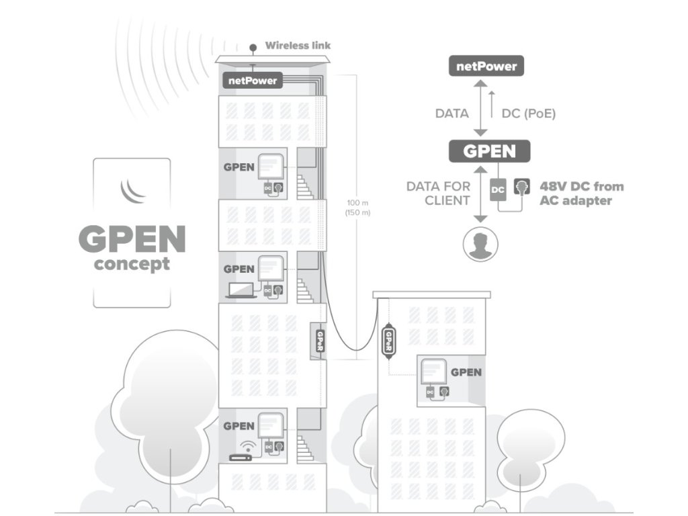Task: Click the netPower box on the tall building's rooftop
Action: pyautogui.click(x=252, y=81)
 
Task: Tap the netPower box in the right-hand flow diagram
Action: pyautogui.click(x=486, y=67)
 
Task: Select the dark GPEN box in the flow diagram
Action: pyautogui.click(x=489, y=151)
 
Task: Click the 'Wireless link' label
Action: pyautogui.click(x=298, y=46)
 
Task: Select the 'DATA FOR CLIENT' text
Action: pyautogui.click(x=438, y=193)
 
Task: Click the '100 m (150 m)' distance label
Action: pyautogui.click(x=358, y=207)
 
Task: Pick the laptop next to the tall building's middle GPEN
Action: pyautogui.click(x=241, y=290)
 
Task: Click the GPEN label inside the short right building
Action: pyautogui.click(x=466, y=372)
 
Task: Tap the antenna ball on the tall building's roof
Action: pyautogui.click(x=253, y=48)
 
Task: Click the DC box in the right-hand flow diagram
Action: pyautogui.click(x=498, y=190)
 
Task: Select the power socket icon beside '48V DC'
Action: pyautogui.click(x=521, y=188)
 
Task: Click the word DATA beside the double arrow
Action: pyautogui.click(x=451, y=114)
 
